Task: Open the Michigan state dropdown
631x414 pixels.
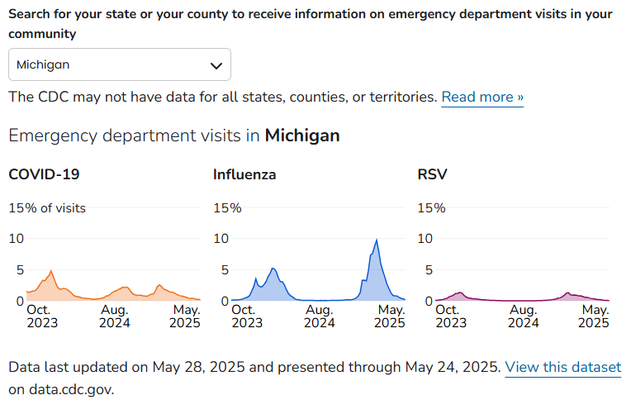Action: point(119,64)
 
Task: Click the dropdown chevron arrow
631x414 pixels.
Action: point(216,65)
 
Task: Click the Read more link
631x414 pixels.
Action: point(482,98)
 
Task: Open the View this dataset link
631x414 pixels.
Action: point(562,367)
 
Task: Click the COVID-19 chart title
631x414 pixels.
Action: point(44,174)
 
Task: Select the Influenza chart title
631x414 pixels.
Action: point(244,174)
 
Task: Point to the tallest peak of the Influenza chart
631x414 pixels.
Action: point(377,240)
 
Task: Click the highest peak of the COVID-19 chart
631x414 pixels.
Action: point(51,271)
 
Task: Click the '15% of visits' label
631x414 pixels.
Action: point(47,207)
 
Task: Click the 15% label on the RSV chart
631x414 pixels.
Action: point(432,207)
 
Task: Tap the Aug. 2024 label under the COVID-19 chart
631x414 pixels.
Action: point(115,316)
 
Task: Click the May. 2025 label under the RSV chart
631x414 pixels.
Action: point(593,316)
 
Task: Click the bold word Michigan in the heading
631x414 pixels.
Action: point(302,136)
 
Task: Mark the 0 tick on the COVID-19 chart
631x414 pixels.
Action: point(19,301)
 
